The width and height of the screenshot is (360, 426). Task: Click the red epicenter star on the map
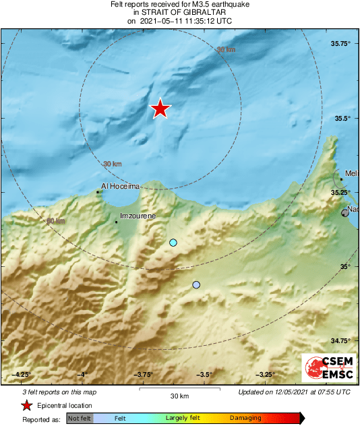point(160,109)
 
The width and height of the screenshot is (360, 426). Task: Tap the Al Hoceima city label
point(120,186)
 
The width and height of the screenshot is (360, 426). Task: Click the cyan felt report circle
point(173,243)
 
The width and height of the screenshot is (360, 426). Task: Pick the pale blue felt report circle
point(196,285)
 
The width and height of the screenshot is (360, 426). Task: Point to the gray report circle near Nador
point(345,213)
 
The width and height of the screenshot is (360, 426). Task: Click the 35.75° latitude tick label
point(342,44)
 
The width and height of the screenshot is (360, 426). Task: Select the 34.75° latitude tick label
point(342,340)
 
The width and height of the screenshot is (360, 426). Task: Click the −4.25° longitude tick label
point(22,375)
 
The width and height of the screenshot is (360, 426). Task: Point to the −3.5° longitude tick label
point(204,375)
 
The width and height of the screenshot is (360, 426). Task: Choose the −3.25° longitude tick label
point(265,375)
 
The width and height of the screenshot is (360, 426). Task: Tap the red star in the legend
point(26,405)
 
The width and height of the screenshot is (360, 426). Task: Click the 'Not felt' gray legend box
point(80,418)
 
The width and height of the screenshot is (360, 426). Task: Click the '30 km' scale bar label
point(179,395)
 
